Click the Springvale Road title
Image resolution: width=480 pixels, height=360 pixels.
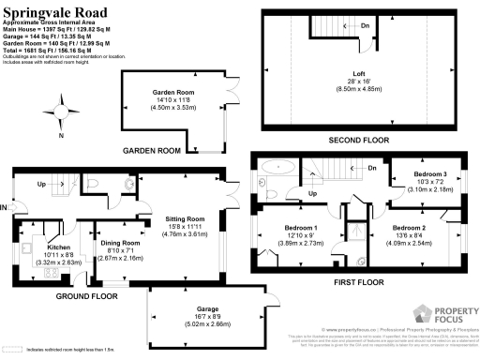pos(53,12)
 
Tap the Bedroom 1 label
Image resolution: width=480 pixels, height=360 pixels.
pos(301,228)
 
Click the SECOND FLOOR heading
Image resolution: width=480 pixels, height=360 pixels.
pos(358,140)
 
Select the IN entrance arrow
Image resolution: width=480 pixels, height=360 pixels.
pos(7,205)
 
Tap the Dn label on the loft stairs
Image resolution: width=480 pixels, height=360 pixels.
pos(365,26)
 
